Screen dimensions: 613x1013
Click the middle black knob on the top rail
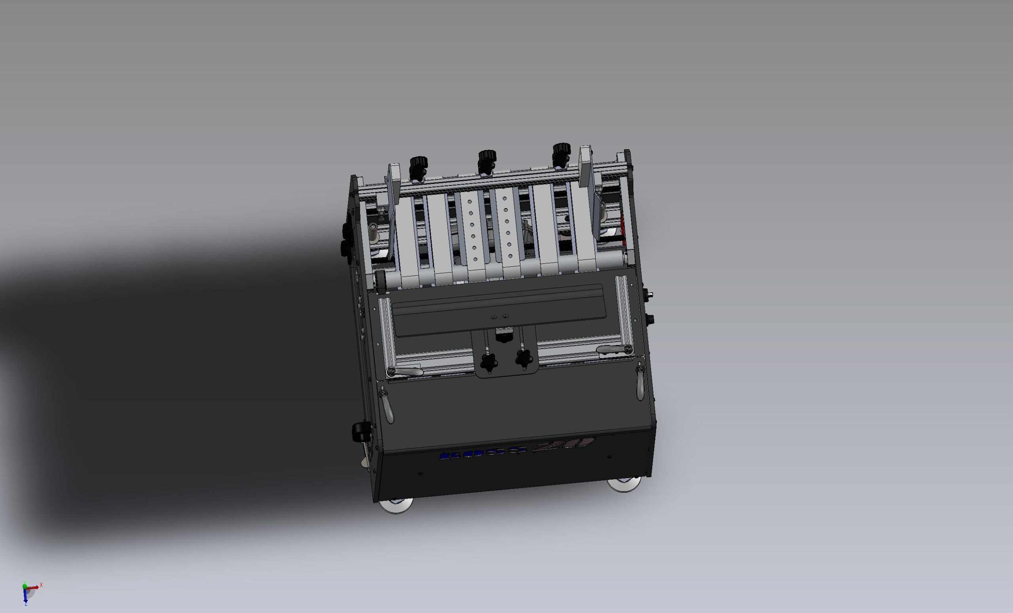pyautogui.click(x=487, y=158)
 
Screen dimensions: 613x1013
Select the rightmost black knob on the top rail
pyautogui.click(x=561, y=150)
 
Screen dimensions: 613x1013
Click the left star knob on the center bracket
pyautogui.click(x=489, y=362)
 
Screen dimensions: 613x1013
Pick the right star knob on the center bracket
pyautogui.click(x=524, y=359)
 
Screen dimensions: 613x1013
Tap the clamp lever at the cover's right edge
pyautogui.click(x=640, y=382)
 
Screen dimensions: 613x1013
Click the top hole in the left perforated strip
pyautogui.click(x=469, y=202)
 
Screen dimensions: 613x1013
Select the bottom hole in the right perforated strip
pyautogui.click(x=510, y=256)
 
